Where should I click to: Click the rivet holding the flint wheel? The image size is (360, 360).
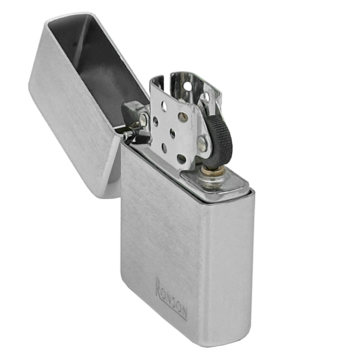[x=203, y=143]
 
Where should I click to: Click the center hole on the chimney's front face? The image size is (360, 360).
[x=173, y=133]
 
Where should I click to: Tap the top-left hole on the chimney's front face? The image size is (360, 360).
[x=164, y=105]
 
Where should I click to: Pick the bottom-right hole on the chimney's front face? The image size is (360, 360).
[x=181, y=159]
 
